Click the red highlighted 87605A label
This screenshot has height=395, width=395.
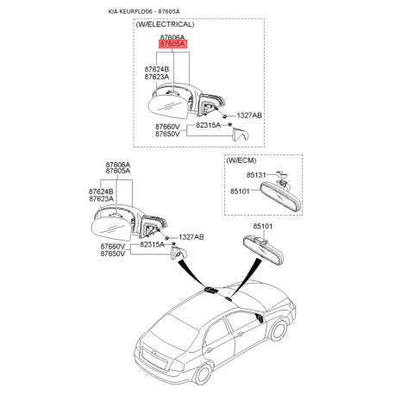[172, 44]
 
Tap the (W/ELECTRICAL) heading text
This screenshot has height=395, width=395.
[165, 24]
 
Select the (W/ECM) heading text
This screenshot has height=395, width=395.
[241, 160]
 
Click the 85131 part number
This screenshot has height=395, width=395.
[256, 175]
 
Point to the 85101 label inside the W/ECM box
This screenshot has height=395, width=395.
[240, 191]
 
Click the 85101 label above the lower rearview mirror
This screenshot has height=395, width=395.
[263, 226]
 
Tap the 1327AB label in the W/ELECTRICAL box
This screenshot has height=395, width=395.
[249, 116]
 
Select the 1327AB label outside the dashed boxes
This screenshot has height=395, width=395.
[191, 237]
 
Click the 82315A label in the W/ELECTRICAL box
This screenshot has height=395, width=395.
[209, 125]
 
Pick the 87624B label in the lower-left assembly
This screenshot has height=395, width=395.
[101, 191]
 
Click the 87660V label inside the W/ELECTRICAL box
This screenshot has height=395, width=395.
[167, 127]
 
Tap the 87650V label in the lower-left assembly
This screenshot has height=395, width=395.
[113, 254]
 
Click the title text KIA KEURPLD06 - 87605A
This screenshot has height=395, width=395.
[144, 11]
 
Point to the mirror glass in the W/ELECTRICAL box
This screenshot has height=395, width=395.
[168, 107]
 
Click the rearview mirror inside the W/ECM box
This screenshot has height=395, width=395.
[280, 197]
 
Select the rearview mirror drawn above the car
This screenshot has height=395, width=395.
[263, 248]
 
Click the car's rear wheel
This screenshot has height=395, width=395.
[203, 374]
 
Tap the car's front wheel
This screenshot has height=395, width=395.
[279, 330]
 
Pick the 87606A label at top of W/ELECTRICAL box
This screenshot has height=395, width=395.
[172, 37]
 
